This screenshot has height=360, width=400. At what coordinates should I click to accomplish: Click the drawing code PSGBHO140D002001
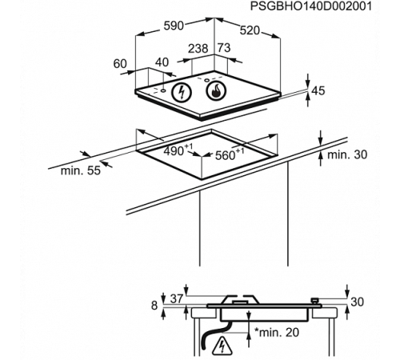(x=310, y=6)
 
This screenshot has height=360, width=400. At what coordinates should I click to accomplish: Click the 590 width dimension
(x=174, y=26)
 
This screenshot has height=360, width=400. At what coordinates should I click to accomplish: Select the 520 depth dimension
(x=250, y=30)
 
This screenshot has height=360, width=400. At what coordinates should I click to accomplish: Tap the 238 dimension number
(x=198, y=49)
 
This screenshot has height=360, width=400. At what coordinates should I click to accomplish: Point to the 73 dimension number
(x=224, y=48)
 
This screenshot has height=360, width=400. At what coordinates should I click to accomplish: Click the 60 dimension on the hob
(x=120, y=64)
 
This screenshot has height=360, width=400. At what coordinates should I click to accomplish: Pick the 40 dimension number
(x=162, y=62)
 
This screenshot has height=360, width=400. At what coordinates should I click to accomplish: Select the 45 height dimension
(x=318, y=90)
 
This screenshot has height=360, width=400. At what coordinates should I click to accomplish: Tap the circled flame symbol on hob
(x=216, y=91)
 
